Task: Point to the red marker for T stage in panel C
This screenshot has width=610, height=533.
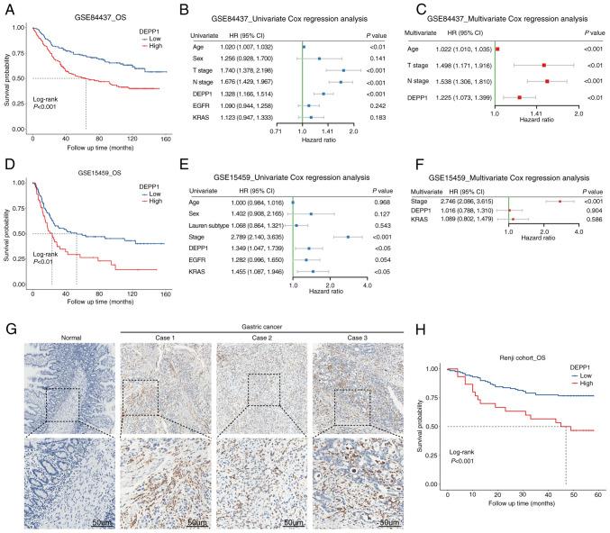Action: pyautogui.click(x=544, y=65)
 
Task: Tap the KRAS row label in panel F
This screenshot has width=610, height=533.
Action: pyautogui.click(x=422, y=218)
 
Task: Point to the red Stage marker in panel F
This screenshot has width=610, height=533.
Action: pyautogui.click(x=560, y=201)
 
